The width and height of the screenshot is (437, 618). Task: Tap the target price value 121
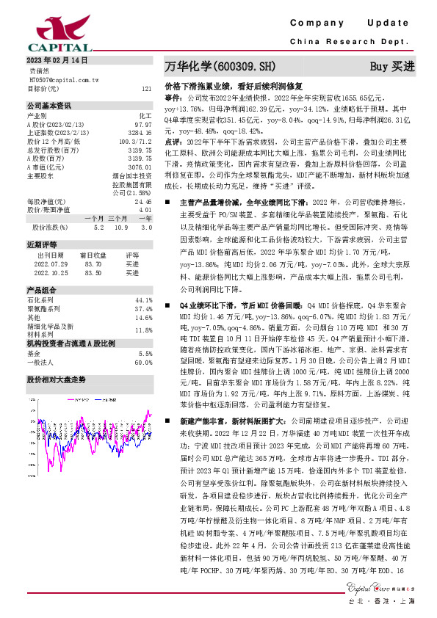pos(146,88)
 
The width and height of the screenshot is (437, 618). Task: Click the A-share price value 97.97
pos(142,126)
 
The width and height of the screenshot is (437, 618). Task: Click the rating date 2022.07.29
pos(51,264)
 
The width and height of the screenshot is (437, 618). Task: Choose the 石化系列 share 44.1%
pos(144,300)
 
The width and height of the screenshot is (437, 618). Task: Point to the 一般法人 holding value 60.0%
pos(143,362)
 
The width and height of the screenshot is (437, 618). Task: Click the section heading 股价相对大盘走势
pos(56,379)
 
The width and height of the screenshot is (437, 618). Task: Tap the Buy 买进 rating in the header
pos(391,66)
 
